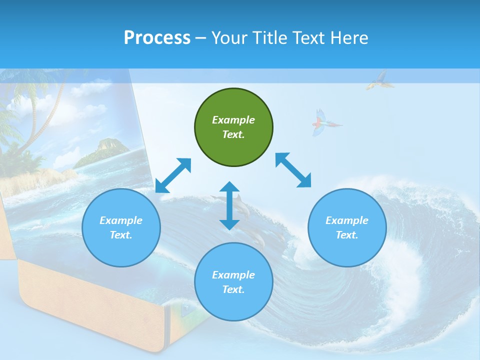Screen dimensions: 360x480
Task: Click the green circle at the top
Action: pyautogui.click(x=233, y=127)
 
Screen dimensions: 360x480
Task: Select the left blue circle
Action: pyautogui.click(x=121, y=227)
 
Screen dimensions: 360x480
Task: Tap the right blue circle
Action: pyautogui.click(x=347, y=227)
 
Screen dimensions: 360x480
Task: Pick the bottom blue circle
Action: pyautogui.click(x=233, y=282)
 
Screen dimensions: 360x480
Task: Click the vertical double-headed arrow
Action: pyautogui.click(x=229, y=205)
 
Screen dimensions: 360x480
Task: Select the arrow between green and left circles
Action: pyautogui.click(x=173, y=175)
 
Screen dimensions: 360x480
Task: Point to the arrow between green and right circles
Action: pyautogui.click(x=293, y=170)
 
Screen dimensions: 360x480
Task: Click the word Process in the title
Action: pyautogui.click(x=157, y=37)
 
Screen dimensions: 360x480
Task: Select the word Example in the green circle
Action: pyautogui.click(x=233, y=120)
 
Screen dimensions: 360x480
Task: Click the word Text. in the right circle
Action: pyautogui.click(x=347, y=235)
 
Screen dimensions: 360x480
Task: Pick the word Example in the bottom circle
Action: pyautogui.click(x=233, y=275)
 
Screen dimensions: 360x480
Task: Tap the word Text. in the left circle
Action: pyautogui.click(x=121, y=235)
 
